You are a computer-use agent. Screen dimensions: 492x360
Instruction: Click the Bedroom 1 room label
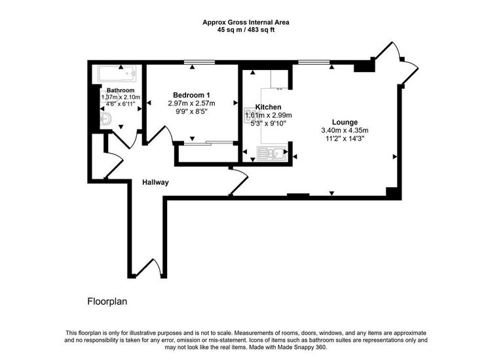click(x=191, y=95)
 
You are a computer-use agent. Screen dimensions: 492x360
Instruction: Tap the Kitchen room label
click(x=268, y=107)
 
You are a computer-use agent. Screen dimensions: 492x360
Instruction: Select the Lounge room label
click(x=345, y=122)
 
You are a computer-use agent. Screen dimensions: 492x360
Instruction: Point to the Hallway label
click(x=155, y=182)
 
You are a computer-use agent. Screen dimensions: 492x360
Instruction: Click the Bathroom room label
click(x=121, y=90)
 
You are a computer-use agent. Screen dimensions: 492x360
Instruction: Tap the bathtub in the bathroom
click(x=117, y=74)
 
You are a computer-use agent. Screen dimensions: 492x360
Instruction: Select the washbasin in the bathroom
click(x=106, y=118)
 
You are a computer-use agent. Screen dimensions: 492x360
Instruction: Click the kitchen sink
click(x=271, y=153)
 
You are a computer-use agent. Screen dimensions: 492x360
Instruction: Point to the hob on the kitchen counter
click(x=250, y=115)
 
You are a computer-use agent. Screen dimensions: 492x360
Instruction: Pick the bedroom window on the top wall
click(x=199, y=62)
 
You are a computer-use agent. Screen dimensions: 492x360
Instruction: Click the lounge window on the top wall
click(x=314, y=62)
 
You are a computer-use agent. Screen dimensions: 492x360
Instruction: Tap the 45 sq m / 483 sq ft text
click(x=246, y=30)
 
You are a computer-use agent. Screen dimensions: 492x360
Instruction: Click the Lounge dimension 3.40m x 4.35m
click(x=345, y=130)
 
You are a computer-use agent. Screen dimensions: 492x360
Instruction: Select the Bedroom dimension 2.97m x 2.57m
click(x=191, y=103)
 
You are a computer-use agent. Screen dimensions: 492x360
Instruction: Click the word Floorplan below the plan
click(x=107, y=302)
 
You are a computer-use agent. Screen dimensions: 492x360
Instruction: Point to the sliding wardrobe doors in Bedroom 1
click(x=208, y=143)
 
